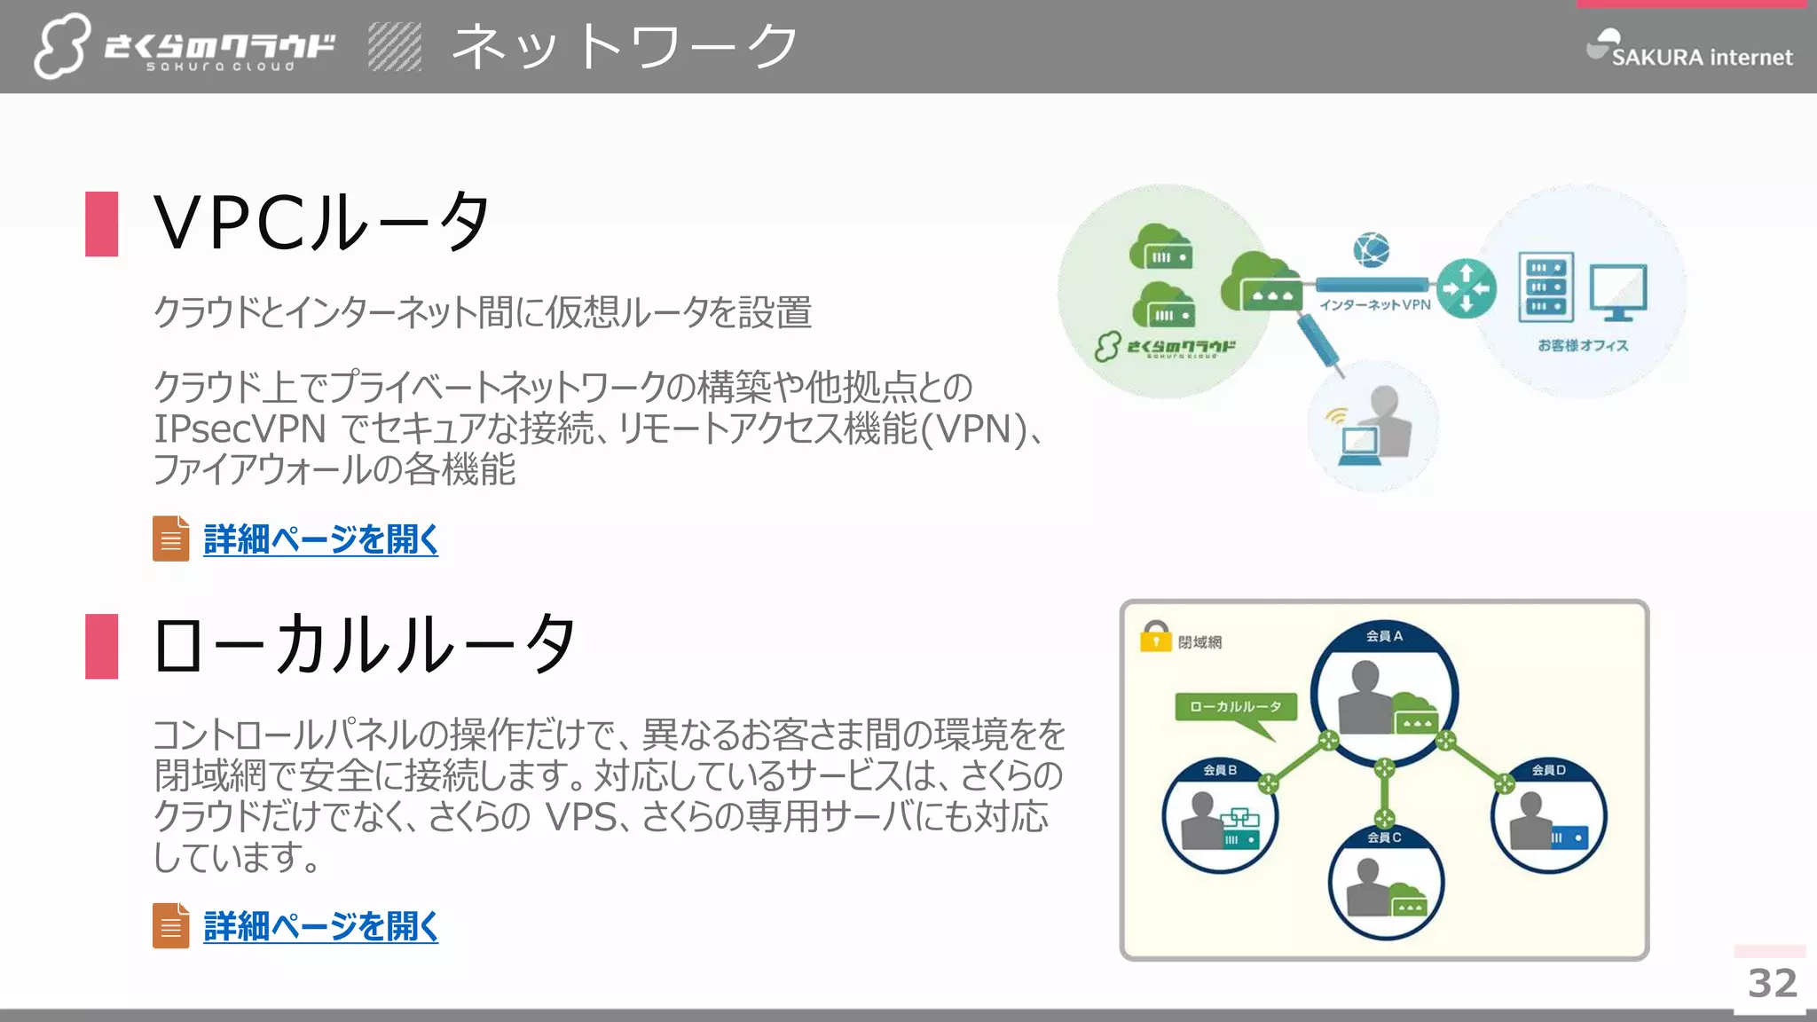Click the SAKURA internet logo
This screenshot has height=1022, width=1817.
tap(1689, 50)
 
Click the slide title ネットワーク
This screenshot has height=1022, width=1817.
tap(625, 46)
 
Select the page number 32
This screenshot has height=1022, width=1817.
tap(1772, 983)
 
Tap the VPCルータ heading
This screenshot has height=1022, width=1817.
tap(321, 222)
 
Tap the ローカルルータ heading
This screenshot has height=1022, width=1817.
tap(365, 645)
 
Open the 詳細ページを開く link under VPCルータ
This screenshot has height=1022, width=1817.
tap(320, 539)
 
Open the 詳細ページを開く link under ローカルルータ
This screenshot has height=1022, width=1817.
tap(320, 926)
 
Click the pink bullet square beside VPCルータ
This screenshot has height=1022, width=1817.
tap(102, 224)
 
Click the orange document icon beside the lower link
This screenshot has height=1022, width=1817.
tap(170, 925)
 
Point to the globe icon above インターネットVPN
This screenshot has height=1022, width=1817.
tap(1371, 250)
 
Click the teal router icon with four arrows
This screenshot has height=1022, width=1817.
tap(1466, 287)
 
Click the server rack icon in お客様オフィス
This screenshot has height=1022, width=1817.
tap(1546, 287)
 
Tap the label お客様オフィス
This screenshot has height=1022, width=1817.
tap(1583, 345)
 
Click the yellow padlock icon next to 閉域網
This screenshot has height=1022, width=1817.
tap(1155, 637)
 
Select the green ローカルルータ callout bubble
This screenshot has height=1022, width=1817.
tap(1235, 707)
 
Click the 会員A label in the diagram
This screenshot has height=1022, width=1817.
tap(1384, 636)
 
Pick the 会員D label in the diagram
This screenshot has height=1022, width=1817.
tap(1548, 770)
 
